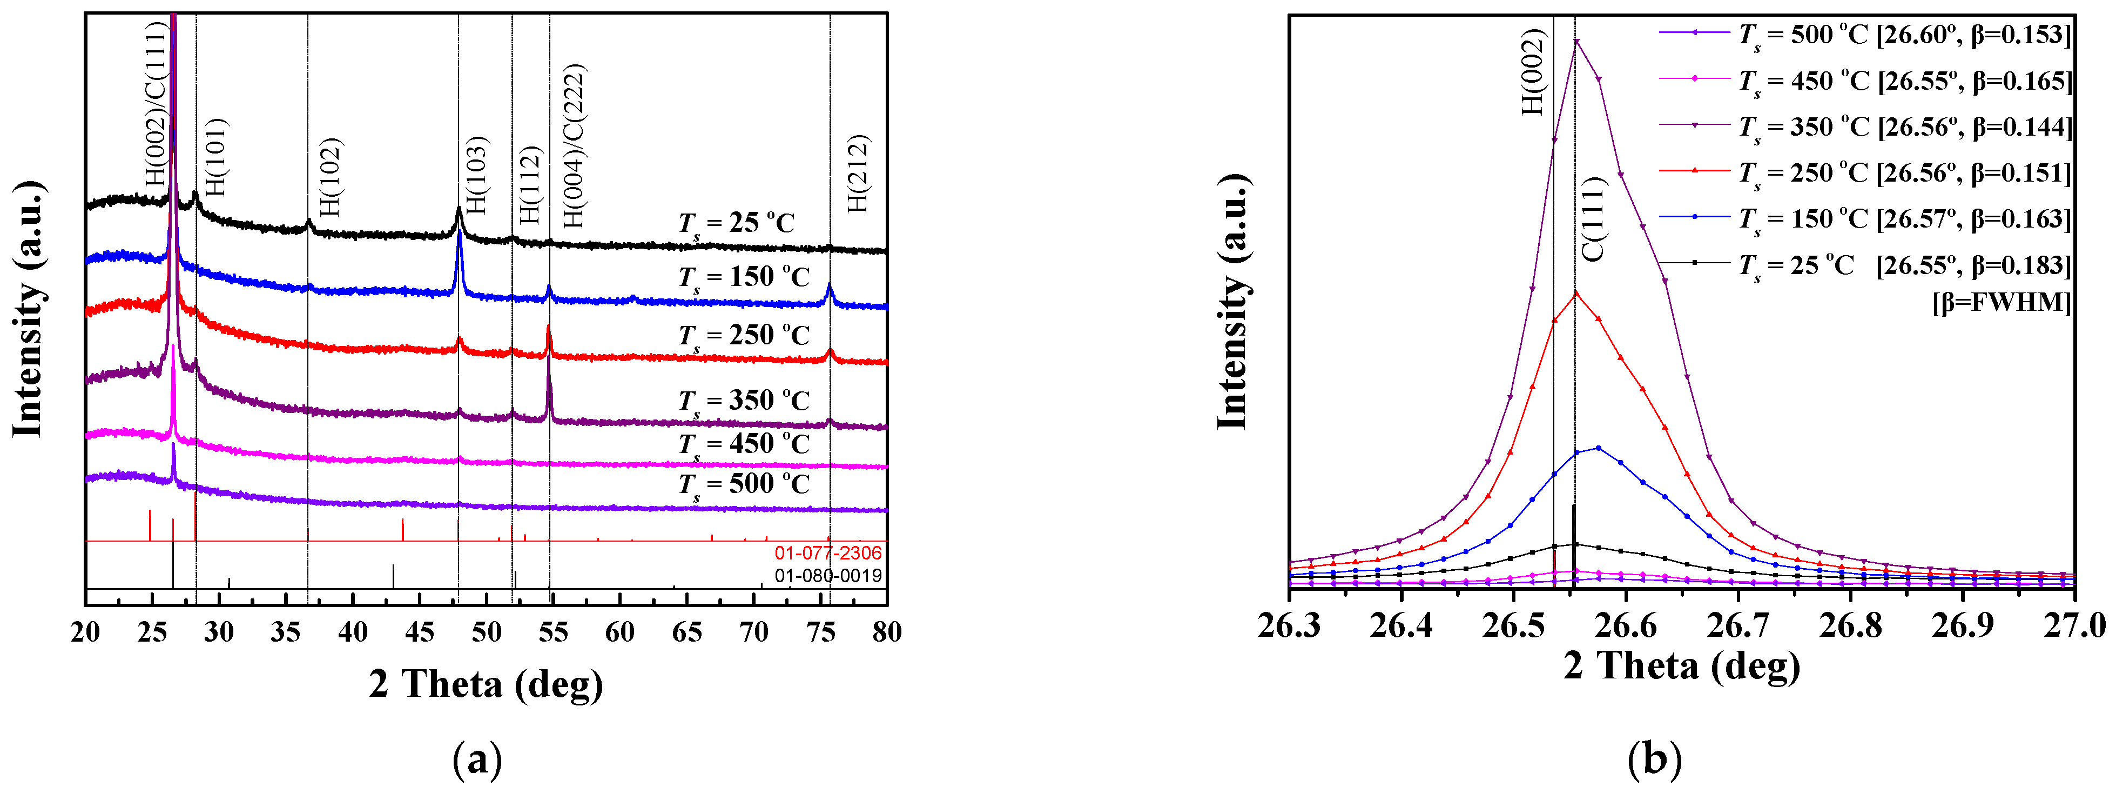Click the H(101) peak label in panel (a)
215,158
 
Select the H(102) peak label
330,177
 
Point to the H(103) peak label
476,175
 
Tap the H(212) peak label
858,174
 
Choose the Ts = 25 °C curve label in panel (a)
737,223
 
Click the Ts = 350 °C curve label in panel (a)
743,401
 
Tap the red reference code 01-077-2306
827,553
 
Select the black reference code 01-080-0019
827,575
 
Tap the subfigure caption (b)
1654,760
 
